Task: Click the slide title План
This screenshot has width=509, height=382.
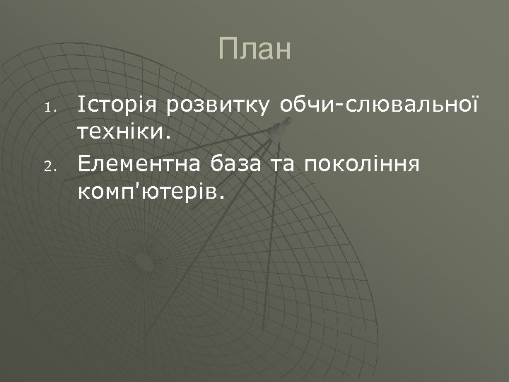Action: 255,50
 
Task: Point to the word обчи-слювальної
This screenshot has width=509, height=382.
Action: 379,106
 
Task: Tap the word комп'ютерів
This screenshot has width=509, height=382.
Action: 148,191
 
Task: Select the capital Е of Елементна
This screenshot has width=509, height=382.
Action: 84,165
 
